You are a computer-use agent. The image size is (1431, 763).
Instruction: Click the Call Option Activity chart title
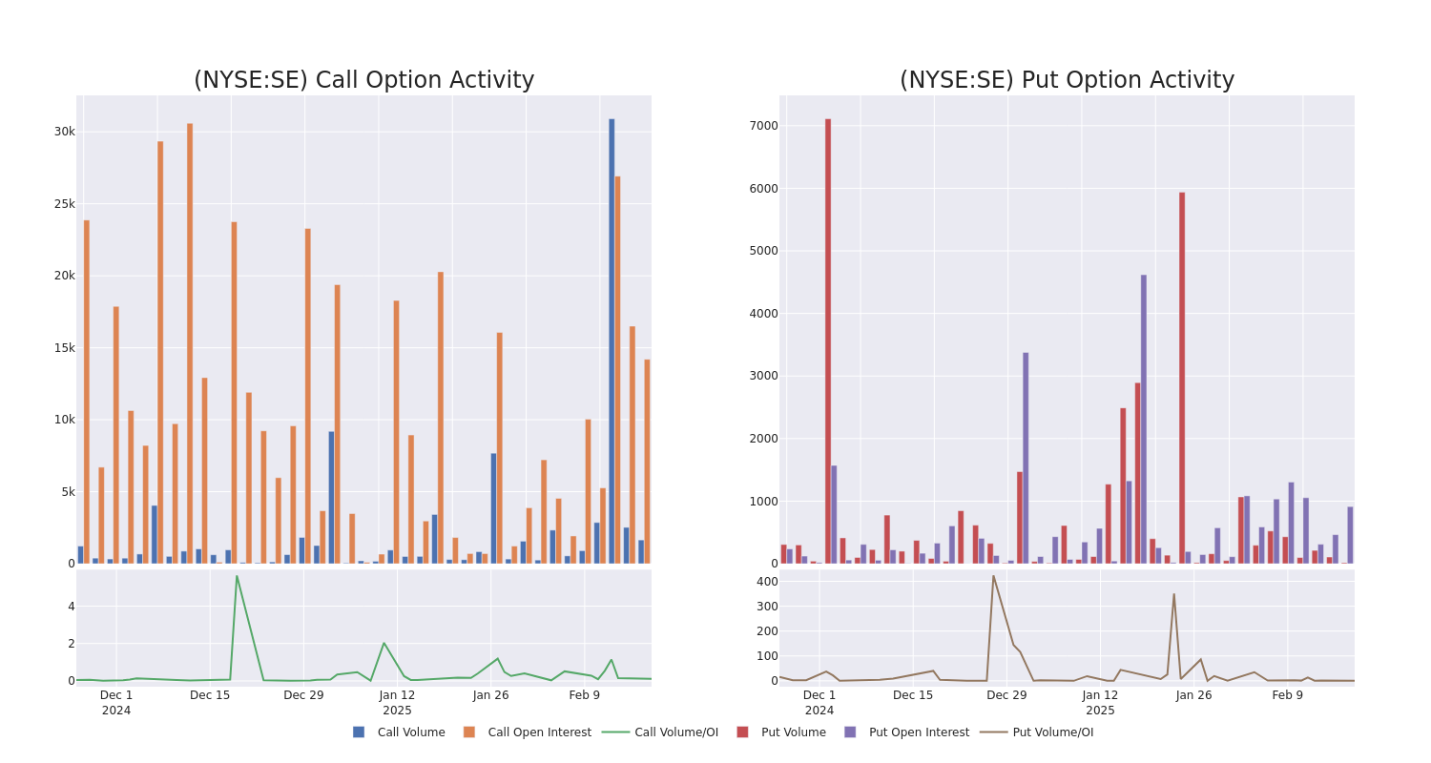(363, 80)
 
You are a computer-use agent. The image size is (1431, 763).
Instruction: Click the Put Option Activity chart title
(1067, 80)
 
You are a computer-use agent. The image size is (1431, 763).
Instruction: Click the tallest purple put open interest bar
(1144, 419)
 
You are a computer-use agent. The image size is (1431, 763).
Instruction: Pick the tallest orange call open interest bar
(190, 343)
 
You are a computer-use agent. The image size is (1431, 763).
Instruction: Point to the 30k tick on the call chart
(64, 132)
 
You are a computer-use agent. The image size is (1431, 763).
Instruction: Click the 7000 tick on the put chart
(763, 126)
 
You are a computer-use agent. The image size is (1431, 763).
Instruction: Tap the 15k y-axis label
(64, 348)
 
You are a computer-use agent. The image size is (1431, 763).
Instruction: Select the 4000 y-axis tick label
(763, 313)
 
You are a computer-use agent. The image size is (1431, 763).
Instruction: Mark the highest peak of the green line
(237, 576)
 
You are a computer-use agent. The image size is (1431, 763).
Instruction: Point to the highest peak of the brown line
(993, 576)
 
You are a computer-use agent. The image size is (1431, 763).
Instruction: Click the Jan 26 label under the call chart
(491, 695)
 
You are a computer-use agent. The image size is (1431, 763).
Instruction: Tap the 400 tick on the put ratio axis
(767, 582)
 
